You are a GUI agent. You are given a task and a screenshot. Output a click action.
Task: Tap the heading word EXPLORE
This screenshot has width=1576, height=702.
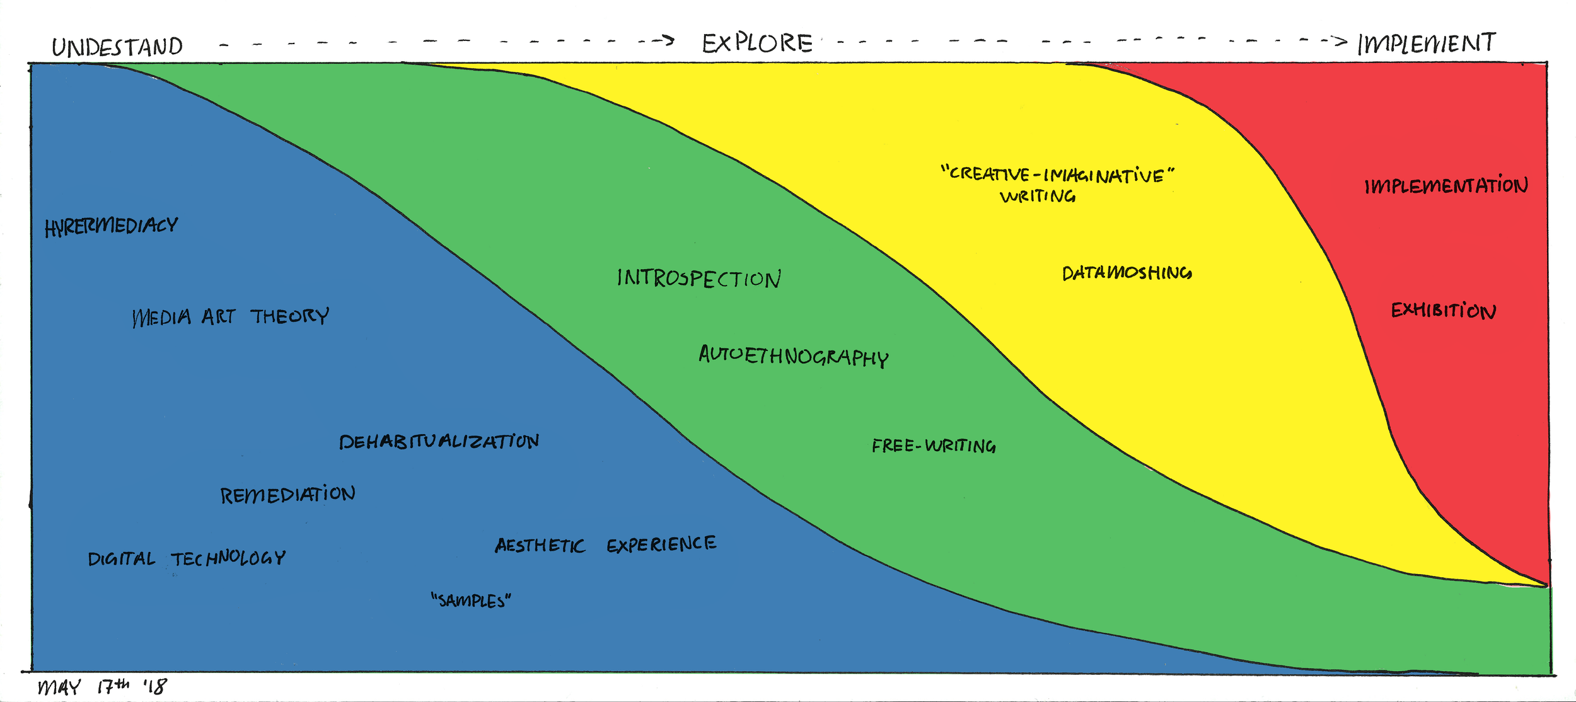(757, 43)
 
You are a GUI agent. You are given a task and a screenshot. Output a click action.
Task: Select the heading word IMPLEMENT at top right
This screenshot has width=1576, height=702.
(1426, 43)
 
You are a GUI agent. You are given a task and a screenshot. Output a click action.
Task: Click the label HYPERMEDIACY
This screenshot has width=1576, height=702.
(111, 226)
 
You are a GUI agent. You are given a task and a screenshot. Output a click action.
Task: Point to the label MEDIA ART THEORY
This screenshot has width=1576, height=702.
(230, 316)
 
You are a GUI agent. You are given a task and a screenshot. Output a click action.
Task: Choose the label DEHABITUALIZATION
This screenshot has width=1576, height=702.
(439, 441)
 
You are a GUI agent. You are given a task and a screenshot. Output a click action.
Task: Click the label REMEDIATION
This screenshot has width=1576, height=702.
(287, 495)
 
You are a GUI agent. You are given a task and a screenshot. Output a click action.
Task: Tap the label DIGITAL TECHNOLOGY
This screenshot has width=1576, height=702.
(187, 558)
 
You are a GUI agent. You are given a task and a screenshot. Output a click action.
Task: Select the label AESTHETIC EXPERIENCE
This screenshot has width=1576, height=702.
(605, 544)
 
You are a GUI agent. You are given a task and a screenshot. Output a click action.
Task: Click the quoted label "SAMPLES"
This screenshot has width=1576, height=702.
(471, 601)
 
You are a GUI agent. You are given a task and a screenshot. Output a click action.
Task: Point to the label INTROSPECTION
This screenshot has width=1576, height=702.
(698, 279)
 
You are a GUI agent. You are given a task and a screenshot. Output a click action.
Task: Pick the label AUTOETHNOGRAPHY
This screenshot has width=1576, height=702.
(793, 356)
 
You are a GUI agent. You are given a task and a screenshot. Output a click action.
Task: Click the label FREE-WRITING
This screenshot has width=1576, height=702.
(934, 446)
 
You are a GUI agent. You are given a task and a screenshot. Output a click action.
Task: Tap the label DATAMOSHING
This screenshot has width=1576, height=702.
(1127, 273)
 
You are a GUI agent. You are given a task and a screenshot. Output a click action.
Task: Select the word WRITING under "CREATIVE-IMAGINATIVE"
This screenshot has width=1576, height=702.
(1038, 197)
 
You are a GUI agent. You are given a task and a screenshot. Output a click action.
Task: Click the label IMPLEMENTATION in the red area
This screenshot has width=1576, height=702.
(1446, 186)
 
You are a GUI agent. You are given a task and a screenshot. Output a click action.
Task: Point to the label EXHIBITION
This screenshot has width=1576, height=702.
(1444, 311)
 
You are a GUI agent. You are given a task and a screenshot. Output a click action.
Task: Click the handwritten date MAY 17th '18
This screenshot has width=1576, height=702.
(102, 686)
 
